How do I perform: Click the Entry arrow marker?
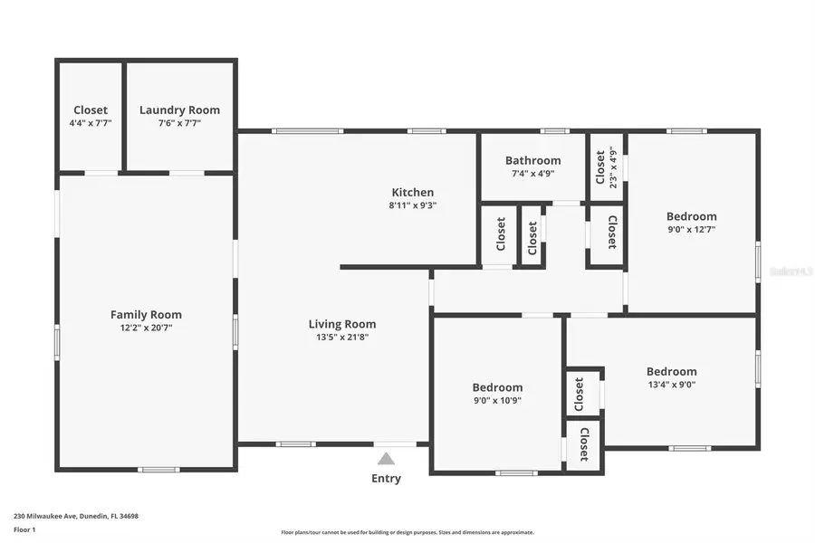(x=386, y=459)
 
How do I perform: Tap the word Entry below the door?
(x=386, y=479)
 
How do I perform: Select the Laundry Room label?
(x=179, y=110)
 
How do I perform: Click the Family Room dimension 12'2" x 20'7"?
(x=146, y=329)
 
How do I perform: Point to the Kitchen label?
(x=412, y=192)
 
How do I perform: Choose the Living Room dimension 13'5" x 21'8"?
(x=342, y=338)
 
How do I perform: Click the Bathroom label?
(x=532, y=160)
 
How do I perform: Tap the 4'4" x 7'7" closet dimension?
(x=91, y=123)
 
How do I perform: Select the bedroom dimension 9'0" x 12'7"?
(x=691, y=230)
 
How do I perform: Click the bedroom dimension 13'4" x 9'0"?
(x=671, y=385)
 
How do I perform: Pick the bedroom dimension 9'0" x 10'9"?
(x=496, y=401)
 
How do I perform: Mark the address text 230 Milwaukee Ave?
(x=76, y=516)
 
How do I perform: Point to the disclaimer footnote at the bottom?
(x=407, y=533)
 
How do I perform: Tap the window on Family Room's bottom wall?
(x=158, y=469)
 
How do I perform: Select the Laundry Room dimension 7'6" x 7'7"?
(x=179, y=123)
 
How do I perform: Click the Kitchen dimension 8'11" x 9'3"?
(x=412, y=205)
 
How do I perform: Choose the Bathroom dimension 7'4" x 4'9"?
(x=532, y=174)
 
